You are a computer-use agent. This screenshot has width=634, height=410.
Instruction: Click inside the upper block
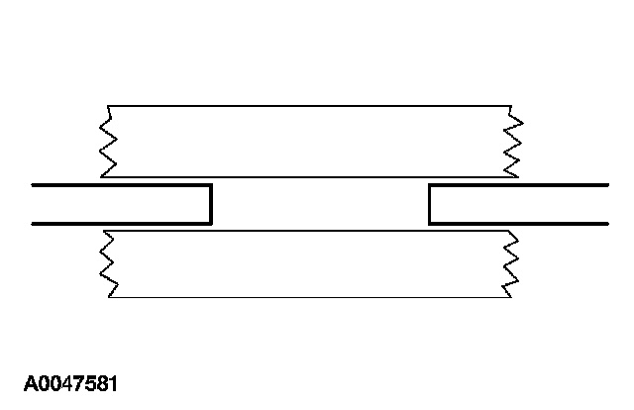(307, 141)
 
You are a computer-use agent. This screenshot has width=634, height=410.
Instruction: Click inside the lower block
(307, 263)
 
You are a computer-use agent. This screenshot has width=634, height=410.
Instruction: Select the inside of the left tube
(119, 204)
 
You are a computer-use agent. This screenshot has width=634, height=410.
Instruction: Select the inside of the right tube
(520, 204)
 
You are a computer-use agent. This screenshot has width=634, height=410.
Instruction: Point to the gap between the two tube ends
(319, 204)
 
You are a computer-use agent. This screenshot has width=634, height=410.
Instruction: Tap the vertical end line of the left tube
(211, 204)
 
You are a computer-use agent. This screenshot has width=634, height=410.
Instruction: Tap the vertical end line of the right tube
(429, 204)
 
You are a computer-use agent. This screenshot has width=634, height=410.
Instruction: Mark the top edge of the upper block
(307, 104)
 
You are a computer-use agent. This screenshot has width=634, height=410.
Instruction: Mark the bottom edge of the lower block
(307, 297)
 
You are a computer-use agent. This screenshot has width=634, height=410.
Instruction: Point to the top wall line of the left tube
(119, 185)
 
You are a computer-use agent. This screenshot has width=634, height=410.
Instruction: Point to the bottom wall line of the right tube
(520, 224)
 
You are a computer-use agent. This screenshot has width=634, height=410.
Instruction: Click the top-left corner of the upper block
(110, 104)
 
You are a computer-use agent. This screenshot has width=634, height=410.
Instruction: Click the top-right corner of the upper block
(509, 104)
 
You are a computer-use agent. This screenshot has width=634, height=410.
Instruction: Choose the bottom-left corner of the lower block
(110, 297)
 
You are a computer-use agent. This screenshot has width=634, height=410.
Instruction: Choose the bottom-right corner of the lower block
(509, 297)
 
